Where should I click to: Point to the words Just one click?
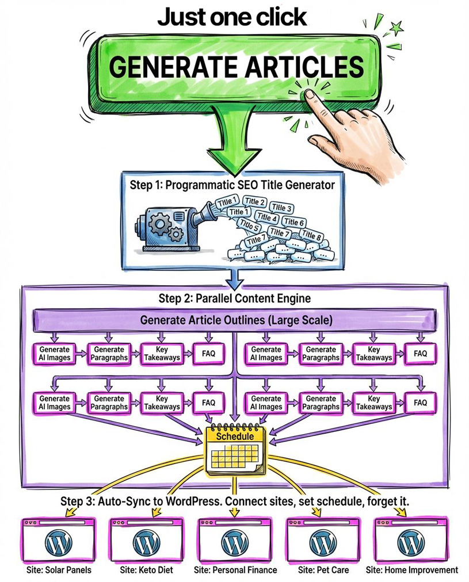point(232,17)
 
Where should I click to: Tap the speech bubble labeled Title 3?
point(281,208)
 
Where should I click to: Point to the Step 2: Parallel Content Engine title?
point(235,299)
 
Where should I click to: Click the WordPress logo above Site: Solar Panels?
point(59,542)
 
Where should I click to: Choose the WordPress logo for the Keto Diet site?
point(146,542)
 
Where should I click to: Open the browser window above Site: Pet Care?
point(321,539)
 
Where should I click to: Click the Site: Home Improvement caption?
point(412,570)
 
